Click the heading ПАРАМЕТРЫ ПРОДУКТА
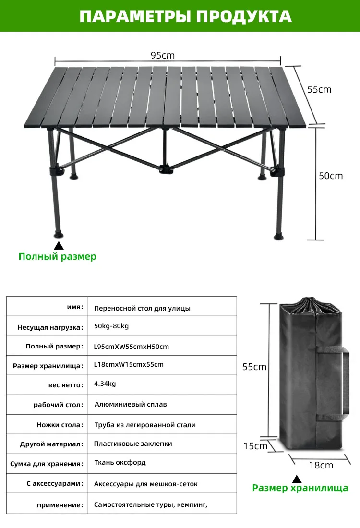(185, 16)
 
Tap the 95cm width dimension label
(163, 55)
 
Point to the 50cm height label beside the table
(331, 176)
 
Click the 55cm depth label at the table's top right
(319, 89)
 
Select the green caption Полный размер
(57, 256)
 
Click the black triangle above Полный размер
(59, 245)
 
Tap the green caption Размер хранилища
(300, 488)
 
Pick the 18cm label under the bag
(321, 465)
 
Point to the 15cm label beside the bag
(255, 446)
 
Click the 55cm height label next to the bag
(254, 367)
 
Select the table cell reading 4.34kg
(105, 384)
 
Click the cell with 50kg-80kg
(111, 326)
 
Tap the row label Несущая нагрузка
(50, 328)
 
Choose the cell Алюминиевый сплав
(131, 404)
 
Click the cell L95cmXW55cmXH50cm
(132, 347)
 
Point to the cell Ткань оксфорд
(120, 462)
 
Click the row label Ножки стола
(60, 425)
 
